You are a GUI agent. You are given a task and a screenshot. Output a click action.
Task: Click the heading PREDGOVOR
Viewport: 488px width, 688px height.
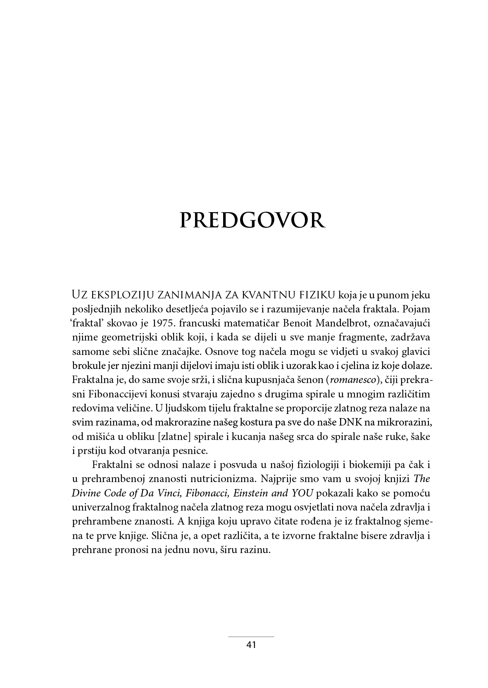tap(252, 220)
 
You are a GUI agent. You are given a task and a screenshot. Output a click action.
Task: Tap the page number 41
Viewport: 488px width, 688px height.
tap(251, 645)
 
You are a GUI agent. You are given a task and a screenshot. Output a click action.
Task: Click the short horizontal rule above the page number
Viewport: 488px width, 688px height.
tap(251, 636)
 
